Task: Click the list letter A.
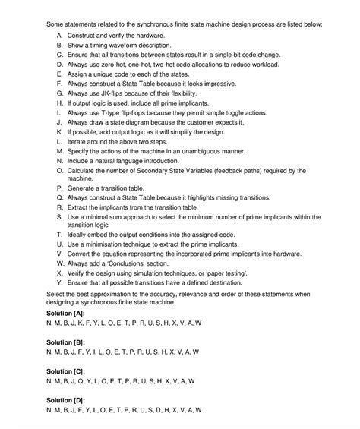60,36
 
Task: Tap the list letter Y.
60,282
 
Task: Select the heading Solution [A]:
65,313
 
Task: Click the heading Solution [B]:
65,342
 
